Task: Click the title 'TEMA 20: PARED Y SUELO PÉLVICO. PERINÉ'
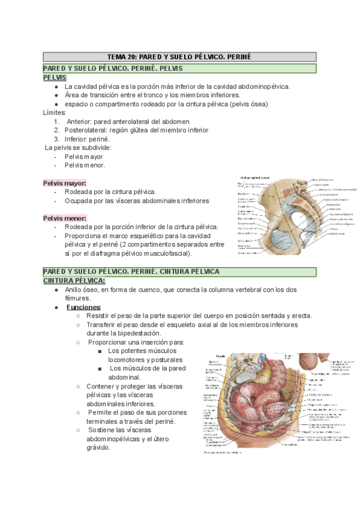[x=178, y=57]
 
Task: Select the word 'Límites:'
[x=55, y=112]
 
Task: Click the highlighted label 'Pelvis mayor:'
[x=64, y=183]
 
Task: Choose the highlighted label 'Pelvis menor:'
[x=65, y=218]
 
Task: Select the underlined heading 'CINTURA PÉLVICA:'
[x=74, y=280]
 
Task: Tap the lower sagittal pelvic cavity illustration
[x=274, y=403]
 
